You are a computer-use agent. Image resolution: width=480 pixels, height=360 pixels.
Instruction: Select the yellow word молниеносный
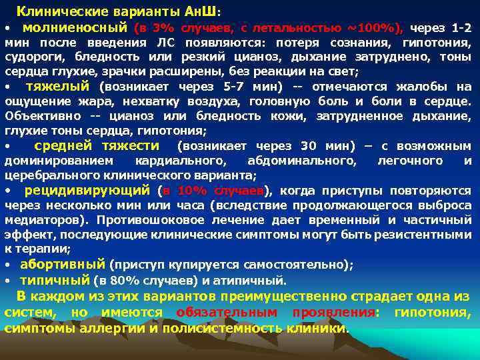[x=75, y=28]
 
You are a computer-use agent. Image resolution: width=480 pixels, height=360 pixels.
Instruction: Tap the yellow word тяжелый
[x=57, y=86]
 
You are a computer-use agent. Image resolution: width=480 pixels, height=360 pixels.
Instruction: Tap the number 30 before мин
[x=308, y=146]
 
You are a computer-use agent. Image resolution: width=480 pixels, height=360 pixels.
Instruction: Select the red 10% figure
[x=188, y=190]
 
